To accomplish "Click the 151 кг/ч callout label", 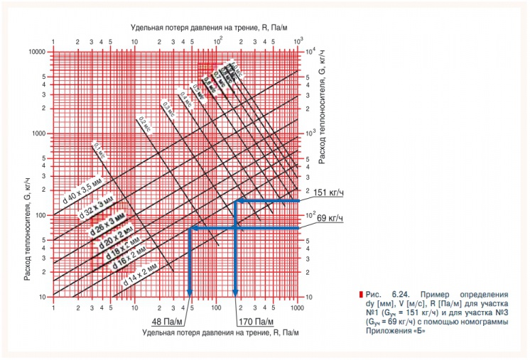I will tap(328, 192).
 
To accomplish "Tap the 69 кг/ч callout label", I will tap(330, 218).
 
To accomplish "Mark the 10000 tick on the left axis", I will tap(38, 53).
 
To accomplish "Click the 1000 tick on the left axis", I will tap(40, 133).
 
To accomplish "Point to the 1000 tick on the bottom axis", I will tap(296, 310).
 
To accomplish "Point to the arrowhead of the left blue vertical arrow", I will tap(190, 291).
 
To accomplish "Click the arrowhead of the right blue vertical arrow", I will tap(236, 291).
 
